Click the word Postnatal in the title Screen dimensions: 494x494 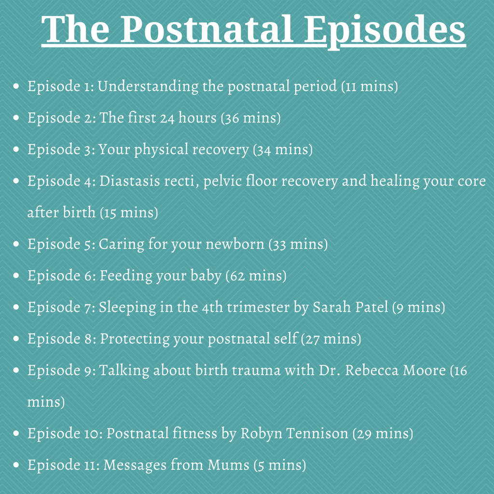click(x=207, y=29)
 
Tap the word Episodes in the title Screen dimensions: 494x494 click(x=384, y=31)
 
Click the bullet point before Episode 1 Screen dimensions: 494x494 click(x=16, y=86)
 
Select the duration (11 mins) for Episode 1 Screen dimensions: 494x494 click(x=370, y=86)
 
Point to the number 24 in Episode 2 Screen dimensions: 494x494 click(x=167, y=118)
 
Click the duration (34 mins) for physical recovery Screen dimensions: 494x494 click(x=283, y=150)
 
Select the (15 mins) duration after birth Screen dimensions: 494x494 click(x=129, y=213)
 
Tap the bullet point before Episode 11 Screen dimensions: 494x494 click(x=16, y=465)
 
